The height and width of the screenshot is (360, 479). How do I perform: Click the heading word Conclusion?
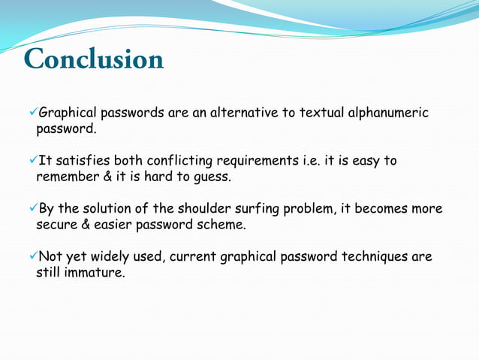[94, 59]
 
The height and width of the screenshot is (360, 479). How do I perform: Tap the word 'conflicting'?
[181, 161]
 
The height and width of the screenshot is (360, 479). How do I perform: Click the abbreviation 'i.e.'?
[309, 161]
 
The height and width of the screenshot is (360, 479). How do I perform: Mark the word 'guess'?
[212, 178]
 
